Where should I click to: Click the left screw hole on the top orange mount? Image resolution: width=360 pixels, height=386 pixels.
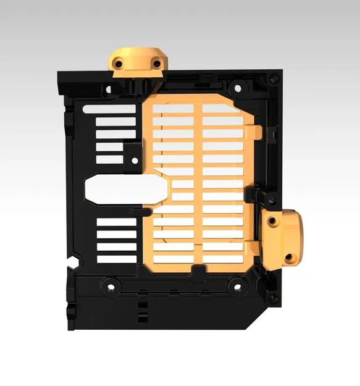pyautogui.click(x=115, y=62)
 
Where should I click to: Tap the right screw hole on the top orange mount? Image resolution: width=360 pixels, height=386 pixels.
pyautogui.click(x=156, y=63)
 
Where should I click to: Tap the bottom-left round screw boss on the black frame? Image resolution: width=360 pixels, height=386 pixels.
pyautogui.click(x=111, y=286)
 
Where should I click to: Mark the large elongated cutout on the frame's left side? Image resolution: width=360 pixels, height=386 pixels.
pyautogui.click(x=123, y=189)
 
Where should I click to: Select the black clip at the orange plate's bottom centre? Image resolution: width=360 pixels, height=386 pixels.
pyautogui.click(x=198, y=272)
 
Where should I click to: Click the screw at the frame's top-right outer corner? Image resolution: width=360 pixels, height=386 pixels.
pyautogui.click(x=272, y=78)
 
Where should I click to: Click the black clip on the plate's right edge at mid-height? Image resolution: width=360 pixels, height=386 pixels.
pyautogui.click(x=252, y=195)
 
